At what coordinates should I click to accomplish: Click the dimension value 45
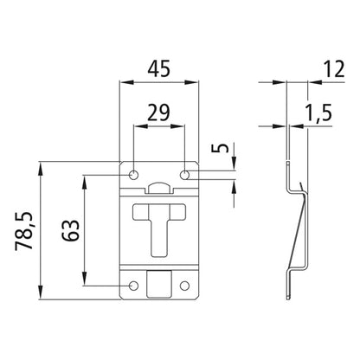158,67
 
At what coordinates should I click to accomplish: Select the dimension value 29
158,112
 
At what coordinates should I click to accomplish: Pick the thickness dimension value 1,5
321,112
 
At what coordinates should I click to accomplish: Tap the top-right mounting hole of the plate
184,176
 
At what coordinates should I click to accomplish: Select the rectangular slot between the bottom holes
158,284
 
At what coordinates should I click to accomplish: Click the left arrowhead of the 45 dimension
122,83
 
